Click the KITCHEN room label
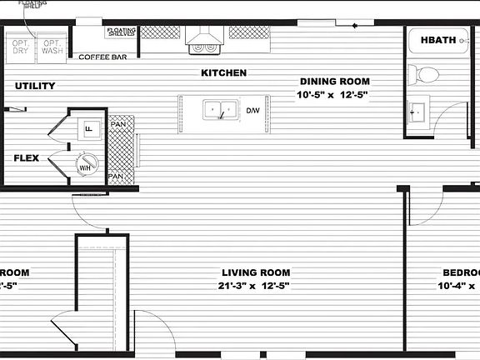click(x=223, y=73)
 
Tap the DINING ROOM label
click(x=335, y=82)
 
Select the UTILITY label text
click(x=35, y=86)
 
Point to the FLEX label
click(x=27, y=157)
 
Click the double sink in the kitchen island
click(x=220, y=109)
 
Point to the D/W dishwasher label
click(x=252, y=110)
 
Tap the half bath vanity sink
click(x=416, y=112)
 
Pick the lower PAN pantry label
click(x=117, y=176)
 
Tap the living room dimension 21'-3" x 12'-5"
click(x=256, y=286)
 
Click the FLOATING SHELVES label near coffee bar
click(x=121, y=33)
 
